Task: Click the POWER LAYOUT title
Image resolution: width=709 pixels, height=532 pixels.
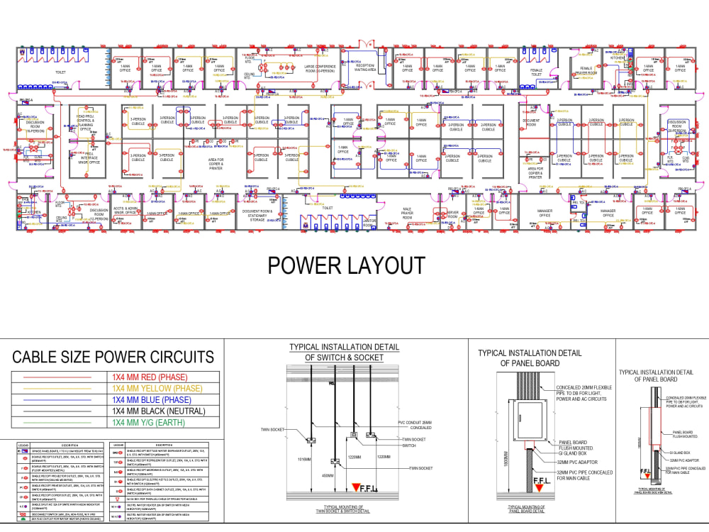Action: pyautogui.click(x=346, y=265)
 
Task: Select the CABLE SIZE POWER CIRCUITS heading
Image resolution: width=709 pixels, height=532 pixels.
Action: pyautogui.click(x=113, y=356)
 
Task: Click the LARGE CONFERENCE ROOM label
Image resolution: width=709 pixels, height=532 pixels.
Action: pyautogui.click(x=309, y=70)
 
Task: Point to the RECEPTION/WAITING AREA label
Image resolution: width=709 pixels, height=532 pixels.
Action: pyautogui.click(x=365, y=67)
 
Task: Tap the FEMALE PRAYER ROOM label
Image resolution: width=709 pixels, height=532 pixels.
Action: pyautogui.click(x=586, y=71)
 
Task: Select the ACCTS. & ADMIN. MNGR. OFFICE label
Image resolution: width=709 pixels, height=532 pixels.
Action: pyautogui.click(x=124, y=211)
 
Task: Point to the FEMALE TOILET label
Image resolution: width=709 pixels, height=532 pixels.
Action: pyautogui.click(x=536, y=72)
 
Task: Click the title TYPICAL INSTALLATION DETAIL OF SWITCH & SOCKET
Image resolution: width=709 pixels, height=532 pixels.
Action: pyautogui.click(x=343, y=353)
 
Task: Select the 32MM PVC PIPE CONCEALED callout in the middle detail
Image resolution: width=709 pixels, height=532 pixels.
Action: pyautogui.click(x=586, y=475)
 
